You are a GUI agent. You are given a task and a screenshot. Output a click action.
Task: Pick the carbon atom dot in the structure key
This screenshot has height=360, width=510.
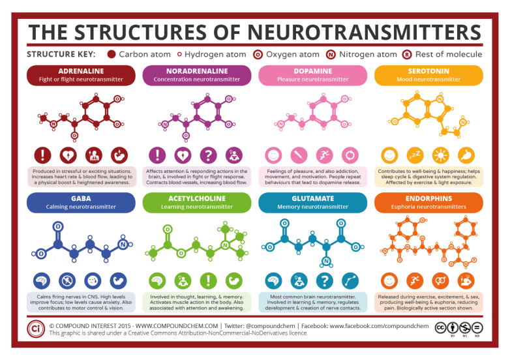click(x=111, y=54)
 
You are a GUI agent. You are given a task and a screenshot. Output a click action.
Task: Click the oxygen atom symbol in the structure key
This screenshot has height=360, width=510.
click(x=257, y=54)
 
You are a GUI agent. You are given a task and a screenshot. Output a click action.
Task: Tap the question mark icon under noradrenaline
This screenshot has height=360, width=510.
click(x=209, y=155)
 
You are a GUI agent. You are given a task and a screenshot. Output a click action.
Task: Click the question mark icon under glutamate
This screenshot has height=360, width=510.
click(x=325, y=280)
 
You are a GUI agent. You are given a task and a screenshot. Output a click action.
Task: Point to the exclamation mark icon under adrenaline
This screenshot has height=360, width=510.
click(x=42, y=155)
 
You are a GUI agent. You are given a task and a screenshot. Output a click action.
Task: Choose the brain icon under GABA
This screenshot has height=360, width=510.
click(x=42, y=280)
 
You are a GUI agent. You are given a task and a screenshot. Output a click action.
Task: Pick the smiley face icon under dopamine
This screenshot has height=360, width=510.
click(x=273, y=155)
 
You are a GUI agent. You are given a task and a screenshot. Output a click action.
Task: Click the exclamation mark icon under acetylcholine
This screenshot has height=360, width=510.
click(x=209, y=280)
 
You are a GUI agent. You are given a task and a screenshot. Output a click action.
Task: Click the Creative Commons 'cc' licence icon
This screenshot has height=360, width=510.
click(x=442, y=326)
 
